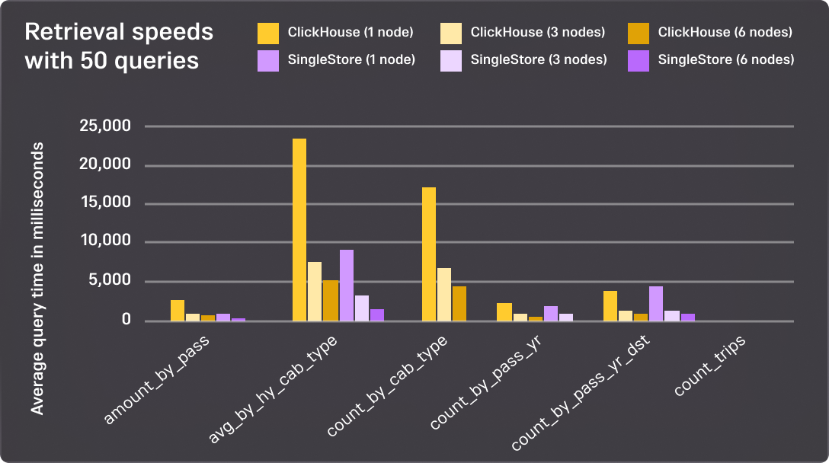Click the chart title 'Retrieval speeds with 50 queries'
click(x=119, y=46)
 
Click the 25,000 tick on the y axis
click(x=105, y=126)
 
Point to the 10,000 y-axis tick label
click(x=105, y=241)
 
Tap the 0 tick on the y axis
click(x=126, y=320)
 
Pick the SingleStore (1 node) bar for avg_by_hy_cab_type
click(x=347, y=285)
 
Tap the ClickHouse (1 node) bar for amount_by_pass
click(x=178, y=310)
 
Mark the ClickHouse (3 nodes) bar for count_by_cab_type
click(x=444, y=294)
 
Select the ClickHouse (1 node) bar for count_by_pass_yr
click(x=504, y=311)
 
